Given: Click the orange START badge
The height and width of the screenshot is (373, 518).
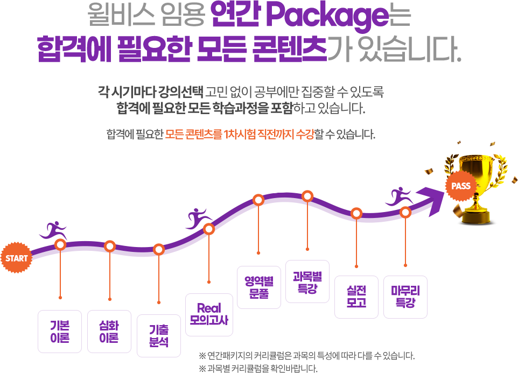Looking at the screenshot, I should pos(17,258).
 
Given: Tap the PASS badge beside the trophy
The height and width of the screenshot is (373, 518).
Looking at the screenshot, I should pos(461,186).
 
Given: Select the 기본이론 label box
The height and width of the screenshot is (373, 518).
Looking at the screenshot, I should pos(59,332).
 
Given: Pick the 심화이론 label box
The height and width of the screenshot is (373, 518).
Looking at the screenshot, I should pos(109,332).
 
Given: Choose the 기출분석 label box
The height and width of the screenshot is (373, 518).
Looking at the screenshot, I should pos(159,335).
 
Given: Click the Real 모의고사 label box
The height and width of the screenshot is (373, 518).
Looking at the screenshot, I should pos(209,314).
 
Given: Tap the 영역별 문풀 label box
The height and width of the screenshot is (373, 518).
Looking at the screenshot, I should pos(258,287).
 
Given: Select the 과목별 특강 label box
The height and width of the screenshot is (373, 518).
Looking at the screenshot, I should pos(307,282).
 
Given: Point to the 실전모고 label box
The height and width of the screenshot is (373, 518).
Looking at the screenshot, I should pos(356,297).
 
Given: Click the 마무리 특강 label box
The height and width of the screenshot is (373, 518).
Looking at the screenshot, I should pos(405,297).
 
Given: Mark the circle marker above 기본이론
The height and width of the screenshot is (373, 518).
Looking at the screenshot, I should pos(60,245).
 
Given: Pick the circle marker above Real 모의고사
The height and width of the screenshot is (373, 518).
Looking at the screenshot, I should pos(209,229).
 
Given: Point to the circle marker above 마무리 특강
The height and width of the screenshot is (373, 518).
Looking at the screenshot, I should pos(405,213).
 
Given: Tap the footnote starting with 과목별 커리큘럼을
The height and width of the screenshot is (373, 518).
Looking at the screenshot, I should pos(258,369).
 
